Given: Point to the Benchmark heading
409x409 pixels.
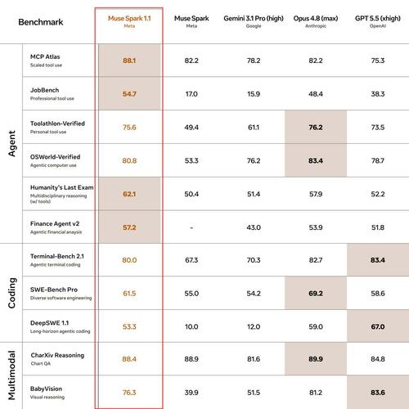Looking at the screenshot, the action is [41, 22].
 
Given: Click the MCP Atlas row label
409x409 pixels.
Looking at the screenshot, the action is [45, 56].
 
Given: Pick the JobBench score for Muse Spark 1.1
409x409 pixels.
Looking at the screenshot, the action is [129, 94].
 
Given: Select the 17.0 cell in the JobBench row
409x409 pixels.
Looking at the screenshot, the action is [191, 94].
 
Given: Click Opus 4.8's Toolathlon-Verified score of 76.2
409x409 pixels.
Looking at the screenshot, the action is [316, 128].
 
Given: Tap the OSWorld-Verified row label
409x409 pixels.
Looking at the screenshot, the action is [55, 157].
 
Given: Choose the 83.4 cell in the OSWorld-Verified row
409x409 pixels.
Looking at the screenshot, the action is [316, 160].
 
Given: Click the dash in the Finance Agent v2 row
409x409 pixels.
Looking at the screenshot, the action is [191, 227].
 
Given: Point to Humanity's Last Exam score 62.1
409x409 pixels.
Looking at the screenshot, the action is [129, 194].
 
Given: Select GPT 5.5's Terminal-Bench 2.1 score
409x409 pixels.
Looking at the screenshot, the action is [378, 260].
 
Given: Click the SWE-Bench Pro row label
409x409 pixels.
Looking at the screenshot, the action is [54, 290].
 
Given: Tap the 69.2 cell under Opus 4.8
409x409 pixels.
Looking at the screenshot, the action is [316, 294].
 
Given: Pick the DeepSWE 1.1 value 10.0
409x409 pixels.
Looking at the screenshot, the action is [191, 326].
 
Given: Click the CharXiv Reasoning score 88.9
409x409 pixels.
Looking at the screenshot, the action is [191, 359].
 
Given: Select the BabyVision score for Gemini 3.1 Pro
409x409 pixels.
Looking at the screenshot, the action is [254, 393].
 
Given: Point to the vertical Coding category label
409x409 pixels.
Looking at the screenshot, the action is [12, 293].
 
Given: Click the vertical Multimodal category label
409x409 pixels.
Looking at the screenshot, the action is [12, 376].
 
